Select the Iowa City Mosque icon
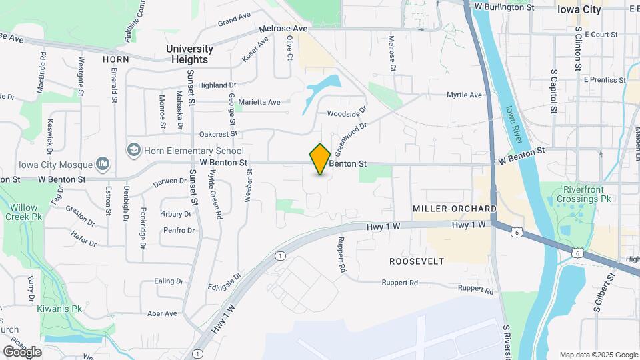click(103, 163)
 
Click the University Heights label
click(189, 54)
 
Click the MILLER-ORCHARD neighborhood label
click(454, 209)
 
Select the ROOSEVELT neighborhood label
click(417, 261)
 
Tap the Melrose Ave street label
click(284, 29)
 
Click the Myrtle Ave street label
click(464, 95)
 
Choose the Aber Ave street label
click(162, 313)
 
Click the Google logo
click(22, 351)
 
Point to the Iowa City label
click(579, 9)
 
